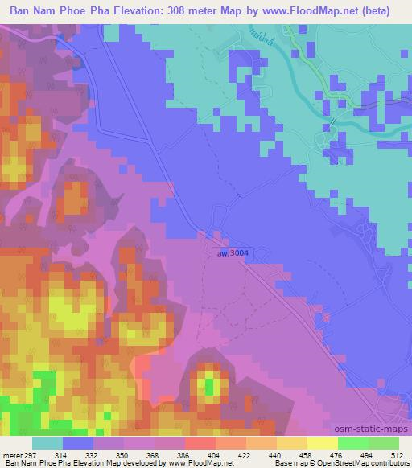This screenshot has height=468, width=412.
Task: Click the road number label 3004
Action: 235,253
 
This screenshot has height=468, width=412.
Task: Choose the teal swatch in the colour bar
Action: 47,443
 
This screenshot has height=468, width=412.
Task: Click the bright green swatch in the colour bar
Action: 352,443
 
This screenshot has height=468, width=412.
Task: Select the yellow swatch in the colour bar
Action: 322,443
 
